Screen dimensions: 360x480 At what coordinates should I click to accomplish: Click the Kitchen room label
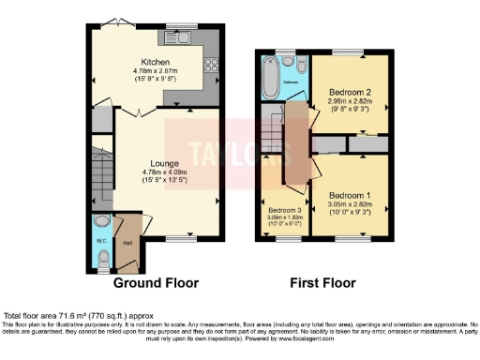[156, 62]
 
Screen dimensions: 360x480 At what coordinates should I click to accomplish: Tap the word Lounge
[156, 162]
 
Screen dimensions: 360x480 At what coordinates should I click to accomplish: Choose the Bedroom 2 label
[348, 93]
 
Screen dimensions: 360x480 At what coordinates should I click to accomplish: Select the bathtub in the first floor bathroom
[270, 81]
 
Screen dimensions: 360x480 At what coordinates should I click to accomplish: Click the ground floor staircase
[100, 172]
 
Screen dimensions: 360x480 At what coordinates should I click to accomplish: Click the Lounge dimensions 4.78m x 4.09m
[156, 172]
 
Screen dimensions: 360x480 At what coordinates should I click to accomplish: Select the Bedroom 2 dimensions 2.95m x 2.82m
[348, 103]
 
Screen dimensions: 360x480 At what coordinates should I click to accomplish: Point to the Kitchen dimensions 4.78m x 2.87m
[156, 71]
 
